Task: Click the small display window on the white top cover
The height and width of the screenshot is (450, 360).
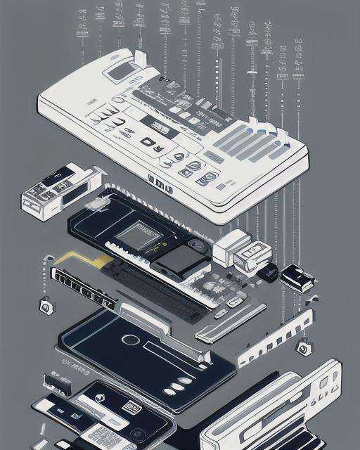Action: [x=121, y=70]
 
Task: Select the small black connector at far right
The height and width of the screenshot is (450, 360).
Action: [x=297, y=278]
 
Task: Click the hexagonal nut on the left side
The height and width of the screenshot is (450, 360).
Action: [x=46, y=306]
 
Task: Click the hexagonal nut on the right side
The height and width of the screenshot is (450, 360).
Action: [x=304, y=347]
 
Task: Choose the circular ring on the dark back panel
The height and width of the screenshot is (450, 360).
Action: [x=129, y=340]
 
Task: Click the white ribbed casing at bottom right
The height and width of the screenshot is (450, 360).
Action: [x=274, y=411]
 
